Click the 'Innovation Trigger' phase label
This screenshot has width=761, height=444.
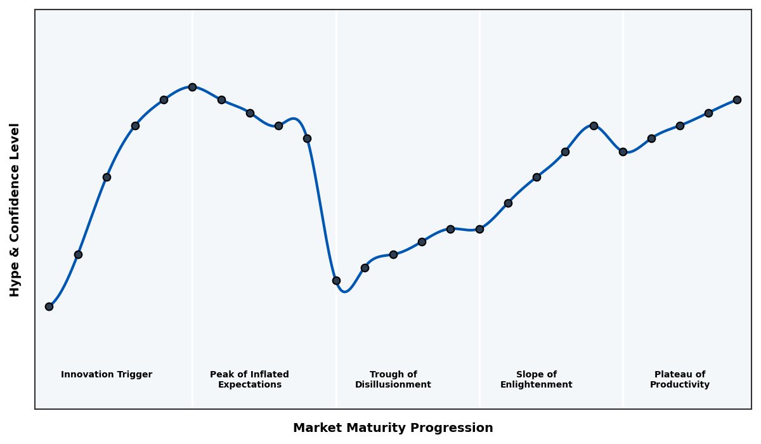point(107,375)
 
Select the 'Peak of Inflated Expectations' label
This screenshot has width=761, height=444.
point(249,380)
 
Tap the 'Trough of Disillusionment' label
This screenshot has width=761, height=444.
point(393,380)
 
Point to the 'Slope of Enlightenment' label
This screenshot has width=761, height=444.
point(537,380)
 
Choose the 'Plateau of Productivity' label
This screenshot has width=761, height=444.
point(680,380)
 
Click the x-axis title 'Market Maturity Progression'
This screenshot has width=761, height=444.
point(393,428)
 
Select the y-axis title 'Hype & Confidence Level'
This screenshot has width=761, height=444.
point(15,209)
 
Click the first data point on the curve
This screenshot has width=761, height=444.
point(49,306)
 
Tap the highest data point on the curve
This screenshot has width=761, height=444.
point(192,87)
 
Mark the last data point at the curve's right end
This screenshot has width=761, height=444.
point(737,100)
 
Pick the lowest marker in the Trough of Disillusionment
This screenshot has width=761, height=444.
point(336,280)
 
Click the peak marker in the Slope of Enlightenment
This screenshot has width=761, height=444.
point(594,126)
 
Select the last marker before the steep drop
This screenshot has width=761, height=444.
point(307,138)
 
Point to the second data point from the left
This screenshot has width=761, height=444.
point(78,254)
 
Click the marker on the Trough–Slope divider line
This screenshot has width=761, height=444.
point(479,229)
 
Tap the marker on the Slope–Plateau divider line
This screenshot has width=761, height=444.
point(623,152)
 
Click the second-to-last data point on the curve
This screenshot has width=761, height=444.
point(708,113)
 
